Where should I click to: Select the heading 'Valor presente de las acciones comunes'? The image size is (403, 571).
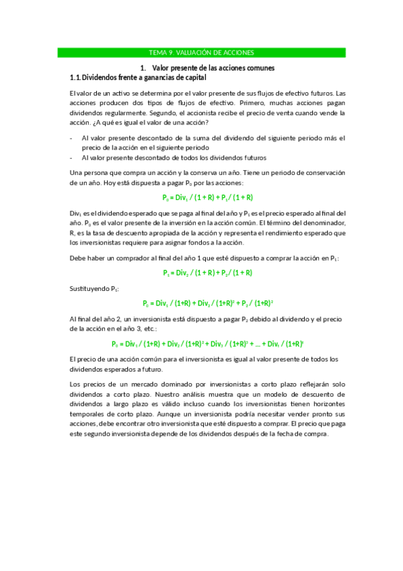click(x=213, y=68)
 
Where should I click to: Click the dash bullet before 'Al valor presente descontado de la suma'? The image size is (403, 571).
click(x=71, y=137)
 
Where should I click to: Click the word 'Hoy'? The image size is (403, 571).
click(x=112, y=182)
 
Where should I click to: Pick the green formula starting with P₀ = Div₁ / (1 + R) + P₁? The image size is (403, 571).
click(x=207, y=197)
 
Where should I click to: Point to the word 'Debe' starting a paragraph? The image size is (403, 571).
click(x=78, y=258)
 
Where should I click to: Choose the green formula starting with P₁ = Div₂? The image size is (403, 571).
click(x=207, y=273)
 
